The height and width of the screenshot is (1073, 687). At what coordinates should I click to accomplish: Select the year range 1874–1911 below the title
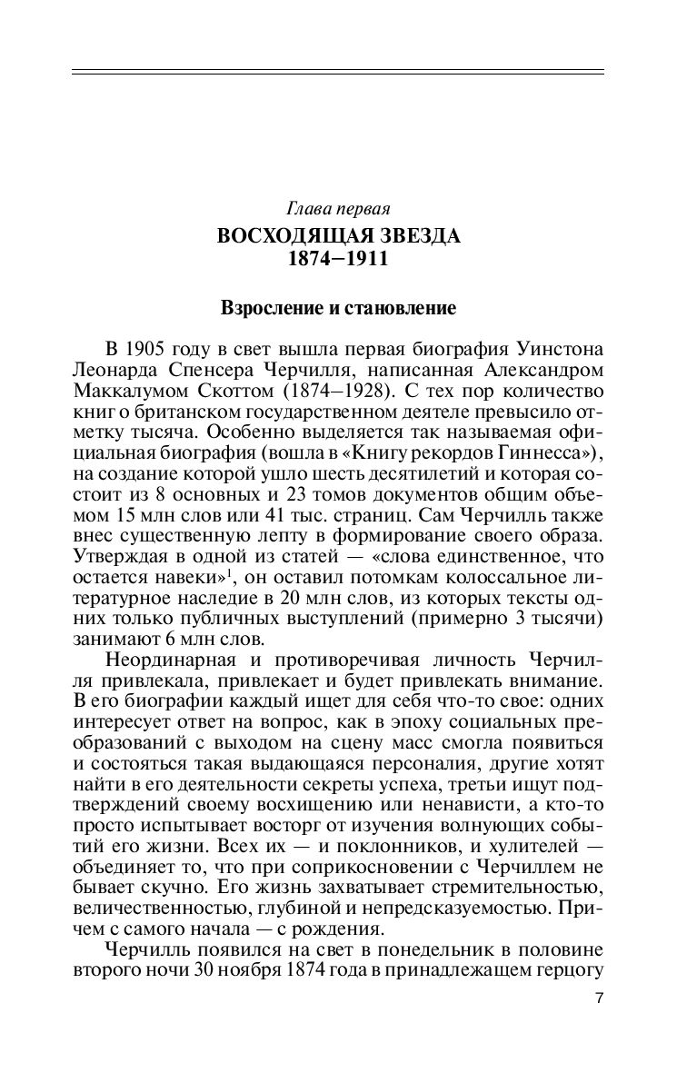coord(338,259)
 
